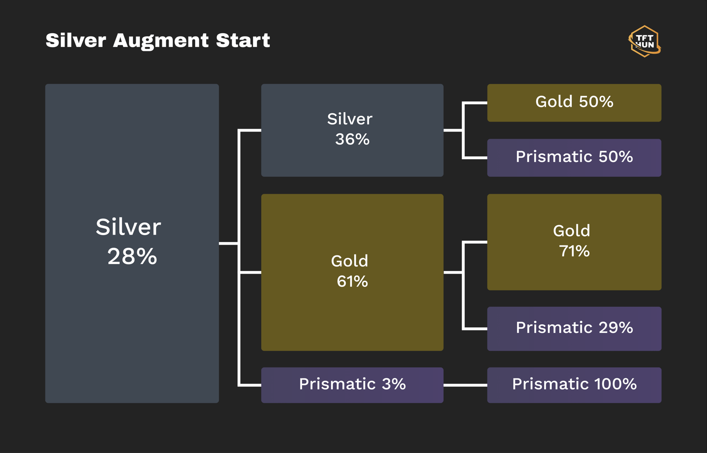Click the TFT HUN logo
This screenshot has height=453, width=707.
(644, 41)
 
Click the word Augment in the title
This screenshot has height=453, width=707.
(161, 41)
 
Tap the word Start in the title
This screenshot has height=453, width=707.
(243, 40)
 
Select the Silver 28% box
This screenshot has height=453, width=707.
(132, 244)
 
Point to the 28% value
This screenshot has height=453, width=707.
(132, 256)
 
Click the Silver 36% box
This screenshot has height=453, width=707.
(352, 131)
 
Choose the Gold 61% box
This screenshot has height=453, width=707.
(352, 273)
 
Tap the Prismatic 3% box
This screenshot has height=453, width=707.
(352, 385)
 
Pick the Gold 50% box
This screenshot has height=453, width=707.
(574, 103)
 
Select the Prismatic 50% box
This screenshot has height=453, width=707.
(574, 158)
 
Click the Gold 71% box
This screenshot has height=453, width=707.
(574, 242)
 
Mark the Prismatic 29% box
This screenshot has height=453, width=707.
(574, 329)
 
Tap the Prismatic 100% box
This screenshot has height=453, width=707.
(574, 385)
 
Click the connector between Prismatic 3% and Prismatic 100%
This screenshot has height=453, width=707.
(465, 385)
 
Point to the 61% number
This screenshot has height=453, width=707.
(352, 281)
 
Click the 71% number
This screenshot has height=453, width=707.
(574, 251)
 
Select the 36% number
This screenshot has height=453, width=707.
(352, 139)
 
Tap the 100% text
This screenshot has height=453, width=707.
(615, 384)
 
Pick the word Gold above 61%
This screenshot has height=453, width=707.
(350, 261)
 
